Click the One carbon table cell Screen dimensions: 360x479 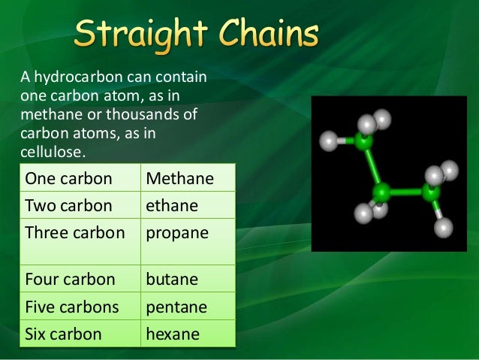(x=68, y=180)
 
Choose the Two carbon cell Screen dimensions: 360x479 (x=68, y=205)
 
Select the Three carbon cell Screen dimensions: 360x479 (x=74, y=232)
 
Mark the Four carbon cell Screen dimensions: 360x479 (x=70, y=280)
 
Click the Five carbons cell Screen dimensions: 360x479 (x=72, y=307)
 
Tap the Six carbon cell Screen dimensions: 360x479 (x=63, y=334)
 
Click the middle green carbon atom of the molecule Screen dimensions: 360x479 (x=381, y=192)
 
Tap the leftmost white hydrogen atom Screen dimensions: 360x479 (x=329, y=141)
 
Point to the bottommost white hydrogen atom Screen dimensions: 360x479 (x=444, y=225)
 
